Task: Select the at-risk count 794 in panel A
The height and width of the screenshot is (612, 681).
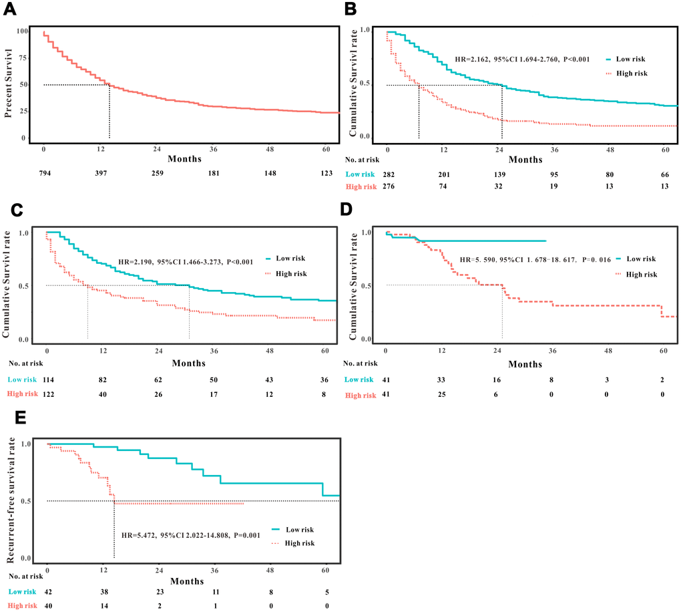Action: [x=43, y=173]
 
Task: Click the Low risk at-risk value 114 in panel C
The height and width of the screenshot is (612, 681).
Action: [x=47, y=379]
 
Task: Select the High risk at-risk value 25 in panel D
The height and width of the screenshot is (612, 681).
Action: [x=441, y=396]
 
